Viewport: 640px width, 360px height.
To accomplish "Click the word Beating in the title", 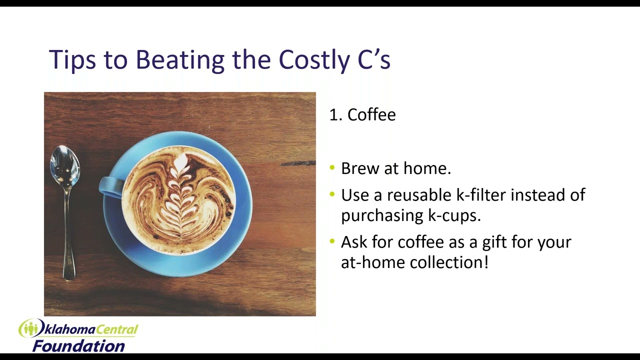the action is pyautogui.click(x=180, y=59).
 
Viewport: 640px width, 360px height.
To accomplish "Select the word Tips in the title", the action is pyautogui.click(x=72, y=60).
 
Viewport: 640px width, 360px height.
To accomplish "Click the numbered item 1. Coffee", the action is pyautogui.click(x=362, y=114).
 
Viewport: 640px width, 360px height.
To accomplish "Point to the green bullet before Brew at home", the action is pyautogui.click(x=331, y=167).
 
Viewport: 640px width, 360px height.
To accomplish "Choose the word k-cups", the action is pyautogui.click(x=454, y=216).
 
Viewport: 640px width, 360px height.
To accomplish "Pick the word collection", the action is pyautogui.click(x=449, y=262).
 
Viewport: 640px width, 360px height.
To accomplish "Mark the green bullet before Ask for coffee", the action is pyautogui.click(x=331, y=241).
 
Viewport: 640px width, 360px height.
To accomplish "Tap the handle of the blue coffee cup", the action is pyautogui.click(x=110, y=187).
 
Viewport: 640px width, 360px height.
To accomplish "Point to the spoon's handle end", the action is pyautogui.click(x=69, y=278).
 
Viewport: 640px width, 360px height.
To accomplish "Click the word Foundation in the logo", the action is pyautogui.click(x=78, y=346).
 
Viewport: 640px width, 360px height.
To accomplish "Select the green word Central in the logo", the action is pyautogui.click(x=116, y=330).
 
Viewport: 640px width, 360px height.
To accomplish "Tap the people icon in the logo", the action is pyautogui.click(x=31, y=328).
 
